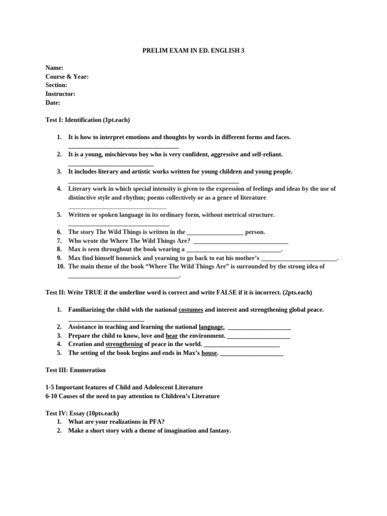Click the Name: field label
tap(54, 68)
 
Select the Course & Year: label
tap(67, 77)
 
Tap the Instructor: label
tap(60, 94)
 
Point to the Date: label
tap(53, 102)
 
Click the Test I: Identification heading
tap(88, 120)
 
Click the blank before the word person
tap(215, 233)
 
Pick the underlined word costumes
tap(191, 309)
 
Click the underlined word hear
tap(172, 336)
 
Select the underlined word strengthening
tap(124, 344)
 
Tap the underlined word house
tap(209, 353)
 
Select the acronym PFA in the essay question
tap(157, 422)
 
